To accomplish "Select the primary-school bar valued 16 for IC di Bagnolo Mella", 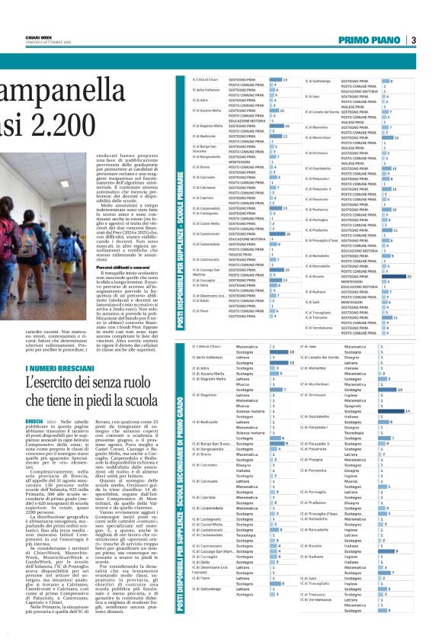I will point(267,126).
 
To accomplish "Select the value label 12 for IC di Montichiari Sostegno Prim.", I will point(397,137).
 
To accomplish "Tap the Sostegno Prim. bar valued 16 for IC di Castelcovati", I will point(267,233).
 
